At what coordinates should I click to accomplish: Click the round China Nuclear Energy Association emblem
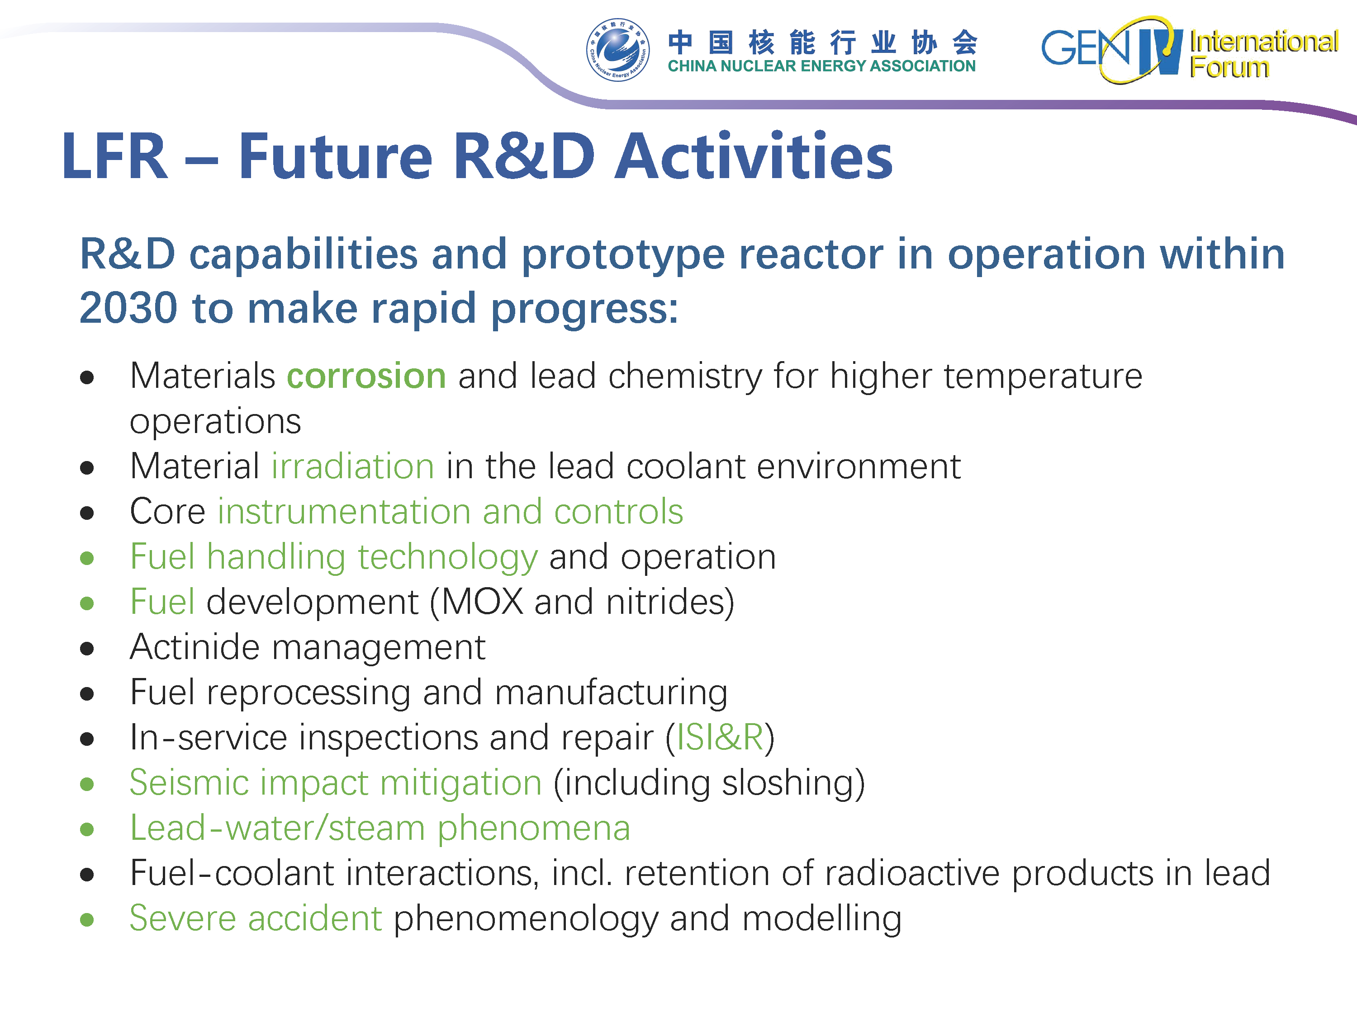[618, 50]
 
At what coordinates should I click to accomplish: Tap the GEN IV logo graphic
[1112, 50]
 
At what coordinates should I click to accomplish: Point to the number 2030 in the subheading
[128, 308]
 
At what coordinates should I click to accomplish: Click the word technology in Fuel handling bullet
[448, 558]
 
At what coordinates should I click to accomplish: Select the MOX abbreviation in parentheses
[482, 602]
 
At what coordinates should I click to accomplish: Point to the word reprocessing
[308, 693]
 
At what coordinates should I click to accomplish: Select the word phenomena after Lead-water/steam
[534, 829]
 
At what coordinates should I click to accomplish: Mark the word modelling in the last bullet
[821, 919]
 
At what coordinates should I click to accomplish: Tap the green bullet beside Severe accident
[87, 919]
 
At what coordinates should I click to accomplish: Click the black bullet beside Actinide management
[87, 649]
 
